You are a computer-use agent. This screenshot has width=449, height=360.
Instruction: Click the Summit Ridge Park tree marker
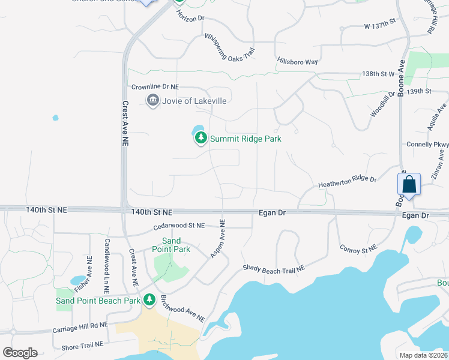point(200,139)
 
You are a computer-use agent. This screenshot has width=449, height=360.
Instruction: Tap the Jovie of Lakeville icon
point(152,100)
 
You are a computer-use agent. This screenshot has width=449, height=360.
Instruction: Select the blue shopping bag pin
point(409,185)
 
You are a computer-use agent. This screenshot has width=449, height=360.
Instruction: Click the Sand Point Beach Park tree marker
point(149,299)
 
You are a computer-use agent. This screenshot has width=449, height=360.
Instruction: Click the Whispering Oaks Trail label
point(230,47)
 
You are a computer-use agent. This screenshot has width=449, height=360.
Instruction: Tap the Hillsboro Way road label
point(297,62)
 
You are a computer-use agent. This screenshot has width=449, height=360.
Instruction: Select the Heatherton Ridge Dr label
point(347,179)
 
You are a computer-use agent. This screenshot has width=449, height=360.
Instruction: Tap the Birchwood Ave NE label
point(184,307)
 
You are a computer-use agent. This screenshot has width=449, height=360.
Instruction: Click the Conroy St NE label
point(358,247)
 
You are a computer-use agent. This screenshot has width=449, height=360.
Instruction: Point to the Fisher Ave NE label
point(89,258)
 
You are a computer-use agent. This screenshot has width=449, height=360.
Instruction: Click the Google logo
point(20,353)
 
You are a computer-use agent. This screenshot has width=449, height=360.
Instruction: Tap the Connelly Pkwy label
point(427,145)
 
